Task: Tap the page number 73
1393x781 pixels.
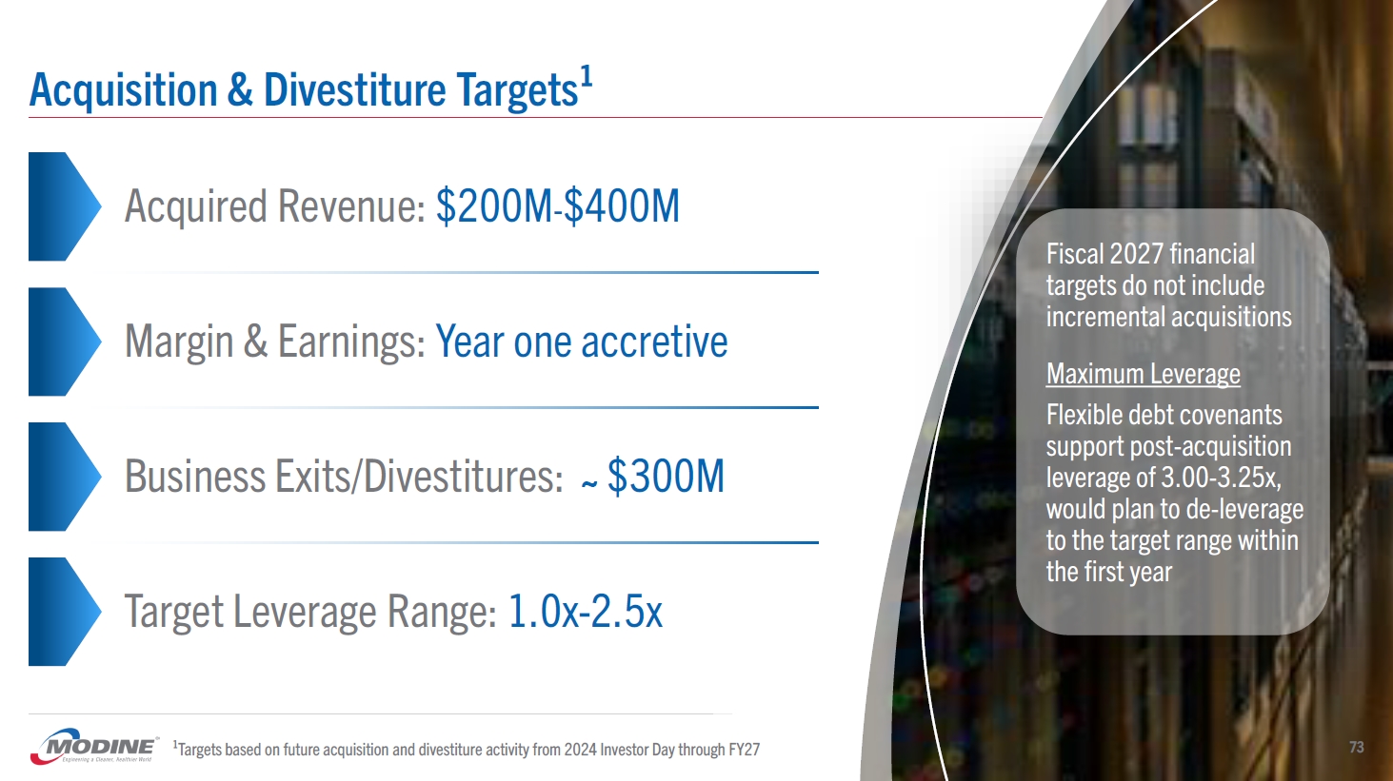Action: pos(1356,747)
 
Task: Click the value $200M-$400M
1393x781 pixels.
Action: pos(558,205)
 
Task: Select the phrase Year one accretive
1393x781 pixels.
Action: pos(582,342)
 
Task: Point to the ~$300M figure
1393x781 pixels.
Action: pos(653,476)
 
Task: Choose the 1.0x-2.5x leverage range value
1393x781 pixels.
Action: pos(586,612)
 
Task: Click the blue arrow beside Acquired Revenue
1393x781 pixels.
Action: pos(65,206)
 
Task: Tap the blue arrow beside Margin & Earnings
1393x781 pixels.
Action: pos(65,342)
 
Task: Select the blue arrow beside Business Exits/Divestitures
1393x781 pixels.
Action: pos(65,477)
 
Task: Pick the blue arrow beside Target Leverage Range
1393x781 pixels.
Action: pos(65,612)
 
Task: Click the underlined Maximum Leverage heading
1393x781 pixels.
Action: pos(1143,375)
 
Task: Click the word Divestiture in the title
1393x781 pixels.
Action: pos(355,90)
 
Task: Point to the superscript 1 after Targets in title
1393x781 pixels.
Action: pos(587,78)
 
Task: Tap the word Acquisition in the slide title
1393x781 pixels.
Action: pos(123,91)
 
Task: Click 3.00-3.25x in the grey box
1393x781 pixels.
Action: pos(1221,478)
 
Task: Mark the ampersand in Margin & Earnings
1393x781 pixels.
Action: pos(255,342)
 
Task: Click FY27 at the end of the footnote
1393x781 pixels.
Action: pos(745,750)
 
